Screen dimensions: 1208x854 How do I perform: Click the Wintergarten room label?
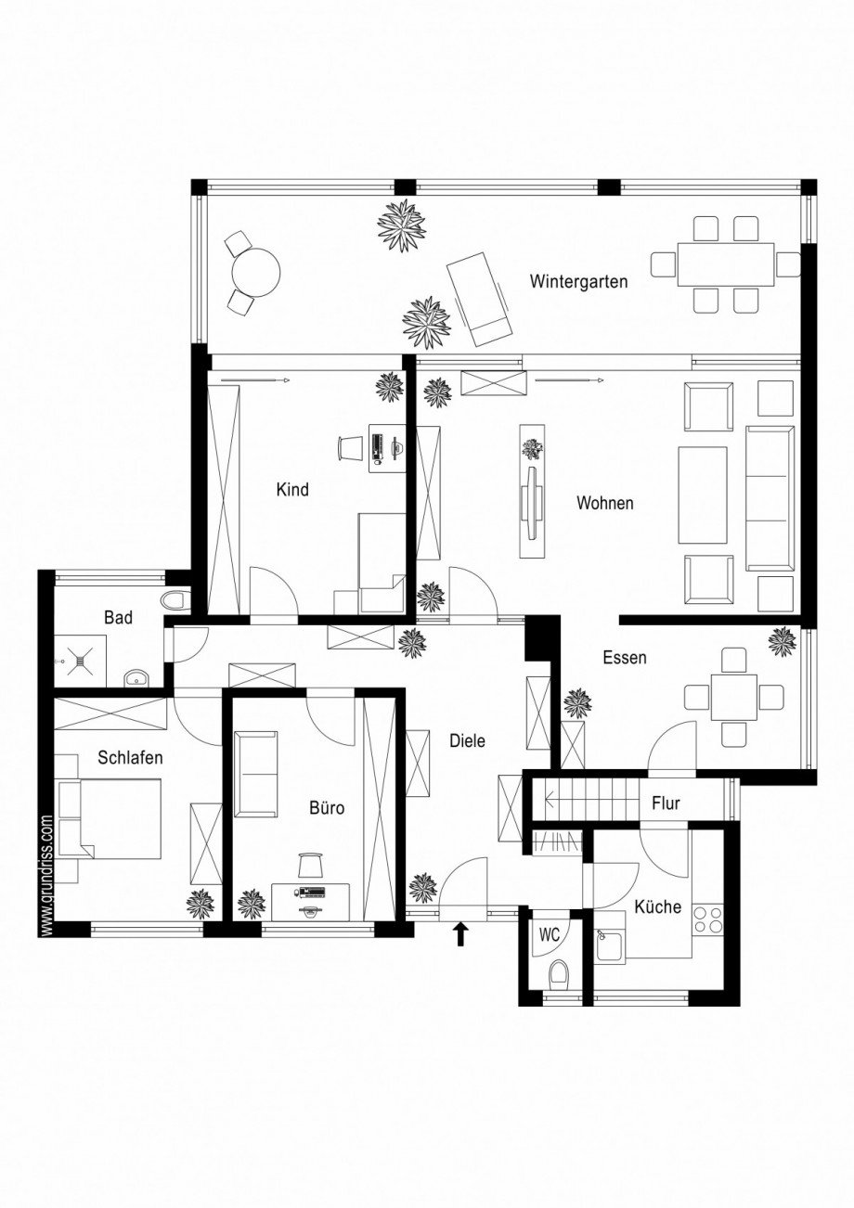click(578, 281)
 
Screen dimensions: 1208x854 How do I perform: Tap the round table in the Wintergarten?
click(255, 271)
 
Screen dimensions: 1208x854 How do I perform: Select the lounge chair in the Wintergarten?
click(480, 298)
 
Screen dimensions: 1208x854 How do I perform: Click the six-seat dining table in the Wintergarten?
click(725, 264)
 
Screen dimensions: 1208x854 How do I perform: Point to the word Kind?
click(291, 489)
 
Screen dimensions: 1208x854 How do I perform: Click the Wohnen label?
click(604, 503)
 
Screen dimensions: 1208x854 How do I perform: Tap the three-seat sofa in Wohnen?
click(770, 498)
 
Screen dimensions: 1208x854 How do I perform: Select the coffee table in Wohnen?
click(702, 495)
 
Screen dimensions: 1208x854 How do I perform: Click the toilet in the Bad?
click(175, 600)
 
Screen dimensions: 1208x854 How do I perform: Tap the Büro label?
click(326, 808)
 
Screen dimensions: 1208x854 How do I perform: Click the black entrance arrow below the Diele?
click(460, 934)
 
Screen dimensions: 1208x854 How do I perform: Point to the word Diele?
click(467, 740)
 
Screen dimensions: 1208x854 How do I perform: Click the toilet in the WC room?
click(557, 975)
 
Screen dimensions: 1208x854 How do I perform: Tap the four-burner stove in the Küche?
click(708, 919)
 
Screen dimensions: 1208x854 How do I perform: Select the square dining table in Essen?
click(734, 697)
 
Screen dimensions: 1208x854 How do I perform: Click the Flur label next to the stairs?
click(665, 803)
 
